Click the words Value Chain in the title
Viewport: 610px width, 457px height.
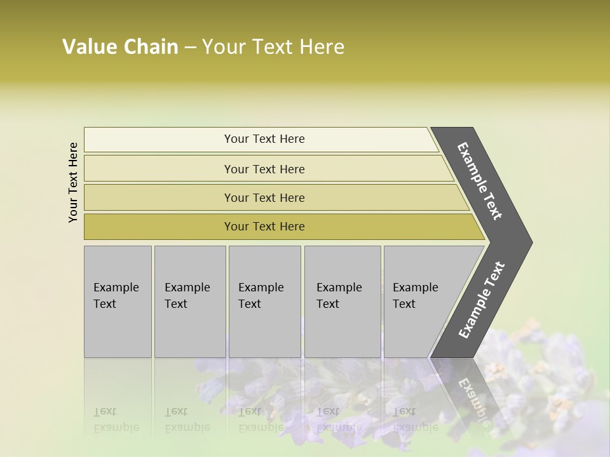[120, 47]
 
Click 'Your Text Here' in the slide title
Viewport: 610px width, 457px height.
[273, 47]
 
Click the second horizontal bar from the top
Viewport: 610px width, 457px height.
[264, 169]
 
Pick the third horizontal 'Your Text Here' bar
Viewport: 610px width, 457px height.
[264, 197]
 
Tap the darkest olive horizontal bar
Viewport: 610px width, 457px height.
[264, 227]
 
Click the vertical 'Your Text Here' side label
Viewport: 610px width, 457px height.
[73, 182]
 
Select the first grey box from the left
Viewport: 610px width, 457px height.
[118, 301]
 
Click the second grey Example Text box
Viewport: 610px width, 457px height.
[189, 301]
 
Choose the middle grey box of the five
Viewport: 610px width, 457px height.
[264, 301]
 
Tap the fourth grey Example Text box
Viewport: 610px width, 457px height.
[342, 301]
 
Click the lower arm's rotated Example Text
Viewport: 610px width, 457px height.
[482, 300]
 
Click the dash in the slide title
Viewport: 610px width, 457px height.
[190, 48]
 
